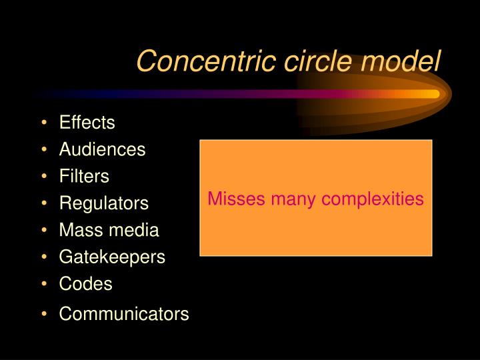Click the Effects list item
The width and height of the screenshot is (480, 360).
click(x=87, y=123)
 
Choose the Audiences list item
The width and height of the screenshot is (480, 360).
click(x=102, y=150)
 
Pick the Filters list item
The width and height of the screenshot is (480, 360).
click(x=84, y=177)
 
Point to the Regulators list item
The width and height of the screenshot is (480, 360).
click(x=104, y=203)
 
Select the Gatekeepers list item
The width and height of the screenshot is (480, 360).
click(x=112, y=257)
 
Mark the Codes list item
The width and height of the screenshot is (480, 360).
click(x=85, y=284)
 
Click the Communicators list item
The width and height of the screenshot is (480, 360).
click(x=124, y=314)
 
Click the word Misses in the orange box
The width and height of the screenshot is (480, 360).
click(x=231, y=199)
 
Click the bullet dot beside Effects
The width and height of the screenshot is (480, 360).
click(x=44, y=123)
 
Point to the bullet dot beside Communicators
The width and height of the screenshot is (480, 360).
click(x=44, y=314)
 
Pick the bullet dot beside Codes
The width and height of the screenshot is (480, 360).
click(x=44, y=284)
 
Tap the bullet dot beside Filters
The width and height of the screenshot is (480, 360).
click(x=44, y=177)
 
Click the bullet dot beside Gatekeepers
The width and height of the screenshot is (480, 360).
click(x=44, y=257)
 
